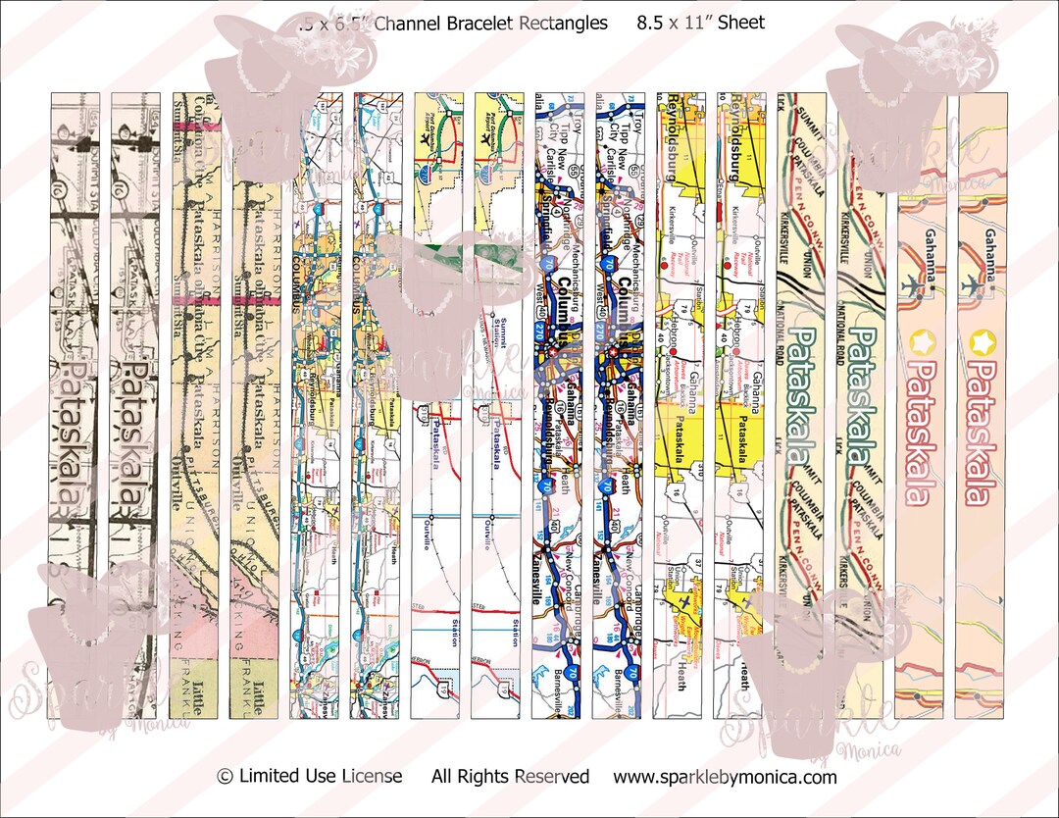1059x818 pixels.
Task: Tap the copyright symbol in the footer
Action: (225, 777)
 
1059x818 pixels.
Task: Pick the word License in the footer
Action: (373, 777)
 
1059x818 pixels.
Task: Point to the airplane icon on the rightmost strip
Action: (975, 285)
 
